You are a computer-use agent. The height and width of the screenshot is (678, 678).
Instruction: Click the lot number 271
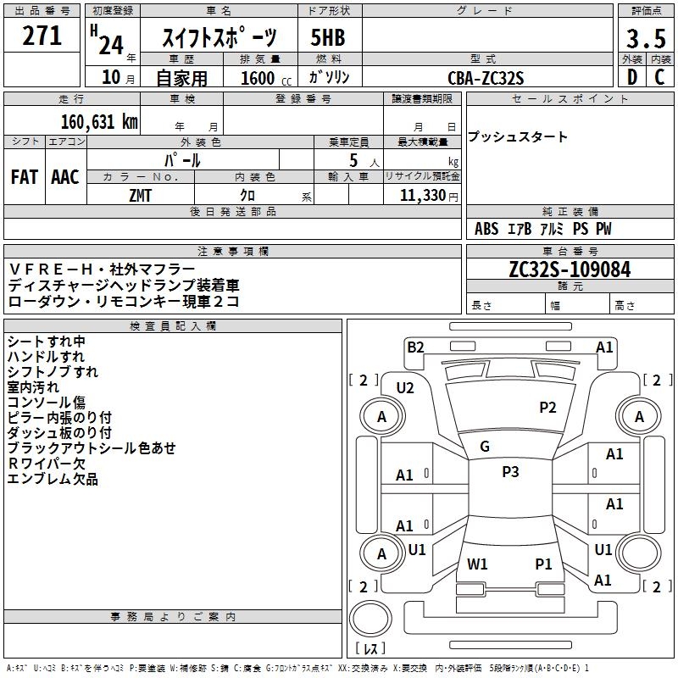pyautogui.click(x=42, y=36)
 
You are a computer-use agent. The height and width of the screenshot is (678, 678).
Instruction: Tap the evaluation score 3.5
pyautogui.click(x=645, y=39)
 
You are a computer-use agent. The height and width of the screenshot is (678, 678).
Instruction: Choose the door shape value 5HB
pyautogui.click(x=328, y=38)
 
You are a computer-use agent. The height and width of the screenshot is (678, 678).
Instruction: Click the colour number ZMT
pyautogui.click(x=142, y=195)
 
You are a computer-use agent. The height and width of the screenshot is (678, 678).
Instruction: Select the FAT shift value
pyautogui.click(x=25, y=176)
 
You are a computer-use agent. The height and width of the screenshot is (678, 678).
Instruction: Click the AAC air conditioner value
pyautogui.click(x=65, y=176)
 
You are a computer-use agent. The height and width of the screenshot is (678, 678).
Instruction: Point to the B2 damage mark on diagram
pyautogui.click(x=414, y=346)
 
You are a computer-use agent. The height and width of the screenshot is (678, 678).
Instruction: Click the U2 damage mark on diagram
pyautogui.click(x=405, y=387)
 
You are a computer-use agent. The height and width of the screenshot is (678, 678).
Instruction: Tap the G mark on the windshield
pyautogui.click(x=485, y=446)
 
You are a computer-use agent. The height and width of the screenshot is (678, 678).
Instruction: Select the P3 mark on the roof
pyautogui.click(x=510, y=472)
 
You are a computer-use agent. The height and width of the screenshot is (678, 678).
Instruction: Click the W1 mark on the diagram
pyautogui.click(x=477, y=564)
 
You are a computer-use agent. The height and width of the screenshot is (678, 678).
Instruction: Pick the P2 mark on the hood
pyautogui.click(x=547, y=408)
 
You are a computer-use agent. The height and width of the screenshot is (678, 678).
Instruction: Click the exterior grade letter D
pyautogui.click(x=631, y=77)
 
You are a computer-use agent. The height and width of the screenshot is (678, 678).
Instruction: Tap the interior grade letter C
pyautogui.click(x=660, y=77)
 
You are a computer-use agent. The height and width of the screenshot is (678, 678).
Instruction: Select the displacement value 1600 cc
pyautogui.click(x=258, y=78)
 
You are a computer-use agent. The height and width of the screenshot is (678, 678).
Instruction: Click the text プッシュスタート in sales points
pyautogui.click(x=518, y=137)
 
